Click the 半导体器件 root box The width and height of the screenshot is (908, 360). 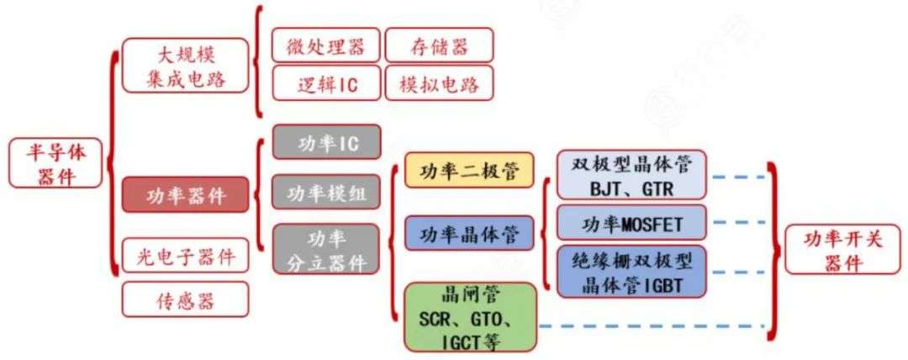coord(55,163)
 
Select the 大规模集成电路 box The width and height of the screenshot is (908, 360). coord(186,65)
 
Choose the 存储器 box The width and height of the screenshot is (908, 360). coord(439,45)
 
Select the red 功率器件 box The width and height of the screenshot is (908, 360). coord(186,194)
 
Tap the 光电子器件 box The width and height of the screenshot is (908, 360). coord(186,255)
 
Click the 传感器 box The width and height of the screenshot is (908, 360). coord(186,298)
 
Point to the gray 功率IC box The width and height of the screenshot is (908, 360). coord(327,143)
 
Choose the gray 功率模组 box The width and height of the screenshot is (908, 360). coord(327,193)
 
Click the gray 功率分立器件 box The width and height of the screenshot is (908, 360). coord(327,249)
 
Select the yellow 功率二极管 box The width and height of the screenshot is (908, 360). coord(469,169)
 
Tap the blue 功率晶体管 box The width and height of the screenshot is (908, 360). coord(469,232)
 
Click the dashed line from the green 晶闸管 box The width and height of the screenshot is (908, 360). coord(652,326)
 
